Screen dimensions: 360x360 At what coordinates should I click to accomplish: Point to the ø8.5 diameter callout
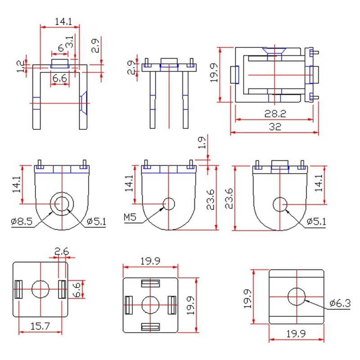21,221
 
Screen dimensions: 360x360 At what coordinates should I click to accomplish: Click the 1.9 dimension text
202,143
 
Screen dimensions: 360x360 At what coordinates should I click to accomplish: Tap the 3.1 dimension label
70,43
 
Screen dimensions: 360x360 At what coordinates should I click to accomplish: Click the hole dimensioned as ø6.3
296,297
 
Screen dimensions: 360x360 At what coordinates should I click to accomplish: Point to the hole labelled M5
169,204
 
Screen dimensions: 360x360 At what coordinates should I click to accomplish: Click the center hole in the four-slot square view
150,306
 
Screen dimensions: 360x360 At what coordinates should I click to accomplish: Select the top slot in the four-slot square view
150,283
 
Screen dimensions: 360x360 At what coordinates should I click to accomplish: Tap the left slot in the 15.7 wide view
18,289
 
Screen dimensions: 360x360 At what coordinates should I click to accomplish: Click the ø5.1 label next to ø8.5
95,221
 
